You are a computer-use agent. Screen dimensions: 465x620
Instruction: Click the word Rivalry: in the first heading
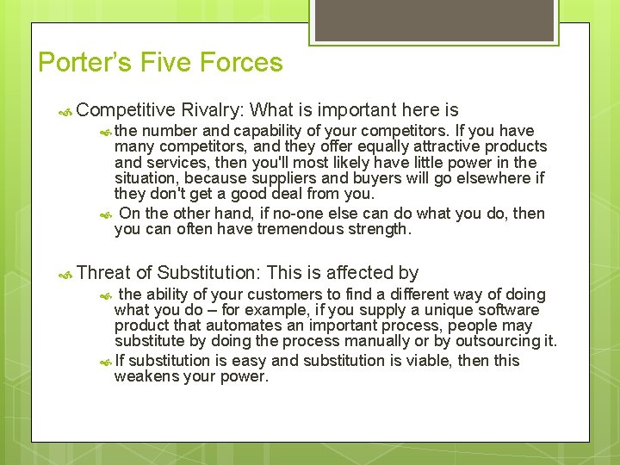214,110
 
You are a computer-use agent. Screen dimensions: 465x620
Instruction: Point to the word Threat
102,273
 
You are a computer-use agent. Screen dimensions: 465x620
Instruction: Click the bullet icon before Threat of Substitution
65,274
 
